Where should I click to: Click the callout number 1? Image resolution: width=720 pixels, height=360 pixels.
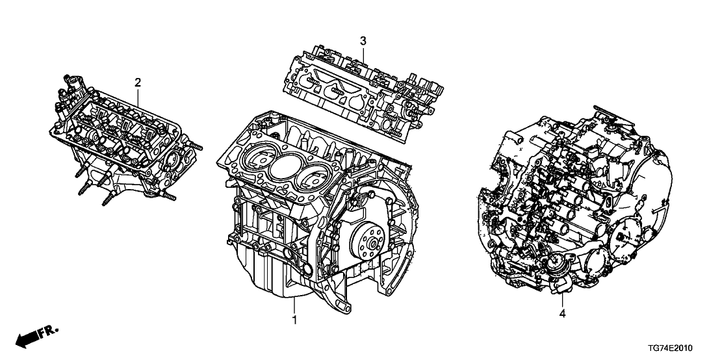(294, 320)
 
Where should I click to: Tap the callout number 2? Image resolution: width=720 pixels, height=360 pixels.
(138, 82)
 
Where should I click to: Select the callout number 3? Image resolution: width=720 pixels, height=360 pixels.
(363, 41)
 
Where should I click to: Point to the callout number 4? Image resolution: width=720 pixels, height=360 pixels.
(562, 315)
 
